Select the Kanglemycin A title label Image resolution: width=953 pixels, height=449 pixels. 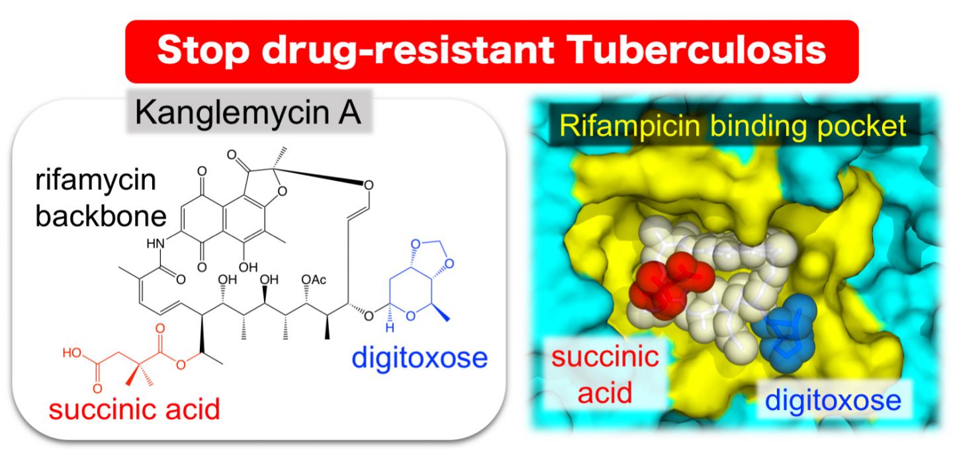tap(248, 112)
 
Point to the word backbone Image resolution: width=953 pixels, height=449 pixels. tap(101, 216)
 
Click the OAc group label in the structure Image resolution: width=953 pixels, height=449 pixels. tap(314, 279)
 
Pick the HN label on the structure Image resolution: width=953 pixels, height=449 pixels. tap(156, 243)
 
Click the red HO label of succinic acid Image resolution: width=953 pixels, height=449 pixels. tap(72, 352)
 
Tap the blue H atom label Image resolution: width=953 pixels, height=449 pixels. tap(390, 328)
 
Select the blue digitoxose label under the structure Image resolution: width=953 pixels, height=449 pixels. tap(420, 358)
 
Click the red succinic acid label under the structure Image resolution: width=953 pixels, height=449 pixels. tap(134, 409)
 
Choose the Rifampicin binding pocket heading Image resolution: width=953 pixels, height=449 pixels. tap(733, 126)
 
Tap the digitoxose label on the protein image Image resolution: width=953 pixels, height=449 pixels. tap(833, 401)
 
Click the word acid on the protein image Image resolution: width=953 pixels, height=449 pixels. tap(605, 393)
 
